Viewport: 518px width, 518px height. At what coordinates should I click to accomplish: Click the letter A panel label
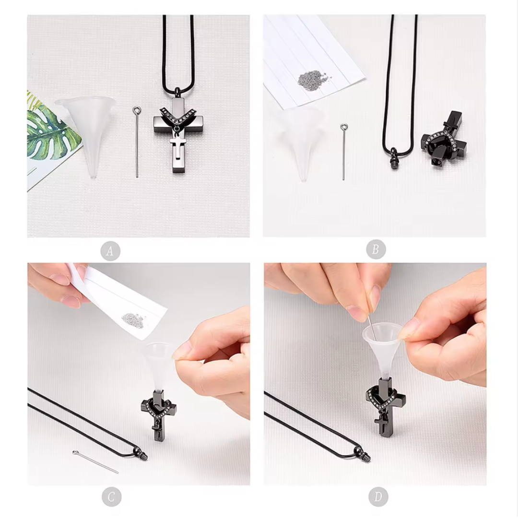coord(110,251)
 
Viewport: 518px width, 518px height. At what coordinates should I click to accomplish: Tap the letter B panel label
coord(376,249)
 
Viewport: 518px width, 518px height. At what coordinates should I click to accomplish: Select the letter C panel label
coord(111,497)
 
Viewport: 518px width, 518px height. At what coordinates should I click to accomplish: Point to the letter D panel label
coord(378,496)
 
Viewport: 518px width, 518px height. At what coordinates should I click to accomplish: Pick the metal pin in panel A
coord(137,141)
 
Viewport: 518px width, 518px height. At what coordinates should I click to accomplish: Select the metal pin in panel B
coord(344,152)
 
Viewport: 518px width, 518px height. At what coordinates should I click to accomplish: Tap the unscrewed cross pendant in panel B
coord(444,140)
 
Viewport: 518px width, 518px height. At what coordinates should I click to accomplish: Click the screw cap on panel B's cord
coord(394,159)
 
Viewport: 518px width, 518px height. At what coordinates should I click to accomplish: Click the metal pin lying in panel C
coord(95,461)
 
